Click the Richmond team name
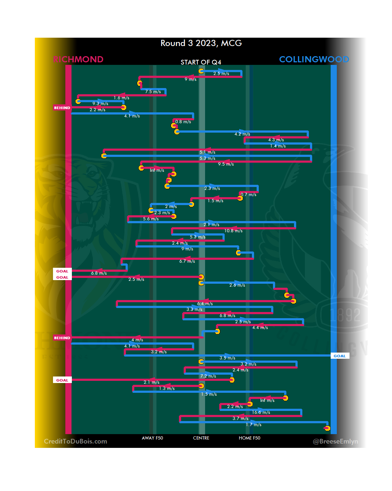pos(78,59)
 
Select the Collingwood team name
pos(314,59)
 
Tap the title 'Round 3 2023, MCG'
pos(201,43)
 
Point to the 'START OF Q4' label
pos(201,62)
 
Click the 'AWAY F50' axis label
pos(152,438)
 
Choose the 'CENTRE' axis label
pos(201,438)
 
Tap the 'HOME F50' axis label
pos(249,438)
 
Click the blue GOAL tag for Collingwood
pos(340,356)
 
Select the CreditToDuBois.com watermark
pos(75,441)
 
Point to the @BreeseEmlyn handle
pos(335,441)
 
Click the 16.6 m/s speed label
pos(261,412)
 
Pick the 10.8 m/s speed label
pos(233,231)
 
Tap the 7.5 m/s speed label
pos(153,92)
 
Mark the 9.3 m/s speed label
pos(100,104)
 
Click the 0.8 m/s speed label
pos(183,122)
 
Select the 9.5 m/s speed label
pos(226,164)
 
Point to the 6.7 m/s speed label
pos(187,261)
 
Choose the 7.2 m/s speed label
pos(208,376)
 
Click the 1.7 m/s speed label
pos(253,425)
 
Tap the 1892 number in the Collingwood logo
pos(345,315)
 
